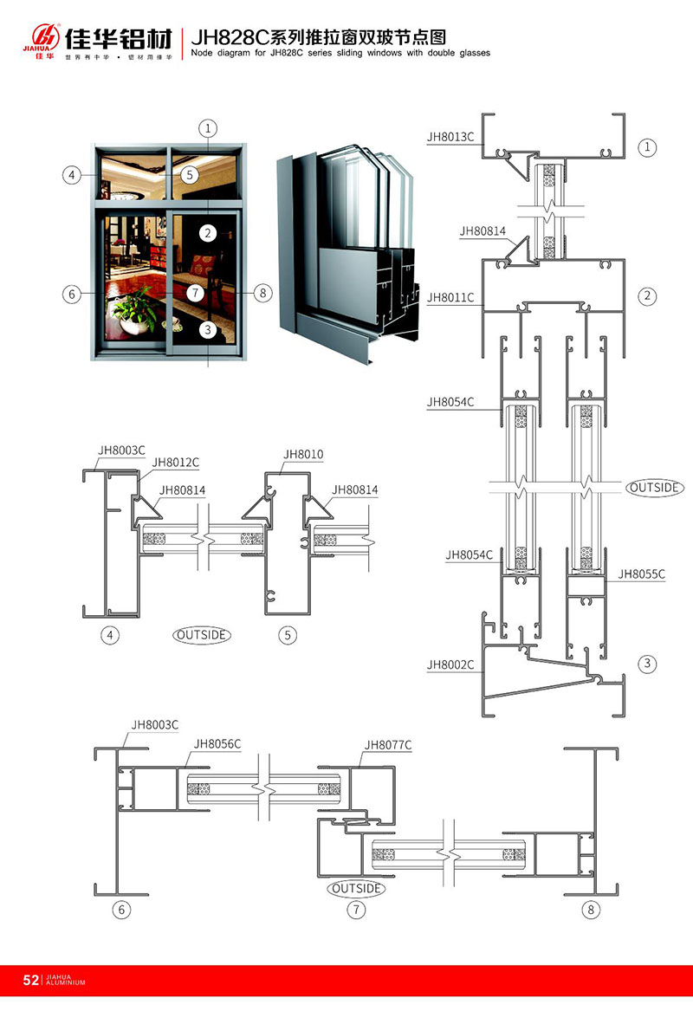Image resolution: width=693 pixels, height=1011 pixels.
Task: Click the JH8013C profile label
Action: pyautogui.click(x=450, y=136)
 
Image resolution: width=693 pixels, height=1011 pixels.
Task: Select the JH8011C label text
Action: pyautogui.click(x=450, y=297)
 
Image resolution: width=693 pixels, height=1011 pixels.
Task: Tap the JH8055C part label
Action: pyautogui.click(x=641, y=574)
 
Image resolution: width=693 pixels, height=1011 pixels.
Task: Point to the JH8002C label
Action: pyautogui.click(x=450, y=664)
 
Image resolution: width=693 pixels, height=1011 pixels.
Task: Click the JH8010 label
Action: pyautogui.click(x=302, y=453)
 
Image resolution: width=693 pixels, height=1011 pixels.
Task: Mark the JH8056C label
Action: pyautogui.click(x=217, y=743)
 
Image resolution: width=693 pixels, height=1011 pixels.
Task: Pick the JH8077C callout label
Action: pyautogui.click(x=388, y=744)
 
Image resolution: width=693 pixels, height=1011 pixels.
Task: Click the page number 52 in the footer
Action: pyautogui.click(x=30, y=981)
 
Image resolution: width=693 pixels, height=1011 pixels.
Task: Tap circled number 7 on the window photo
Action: pyautogui.click(x=196, y=293)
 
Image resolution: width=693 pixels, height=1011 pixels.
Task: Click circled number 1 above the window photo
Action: pyautogui.click(x=208, y=129)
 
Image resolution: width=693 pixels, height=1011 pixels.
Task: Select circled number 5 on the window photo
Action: pyautogui.click(x=190, y=174)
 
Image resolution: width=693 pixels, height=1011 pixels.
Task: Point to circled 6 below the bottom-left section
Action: pyautogui.click(x=120, y=910)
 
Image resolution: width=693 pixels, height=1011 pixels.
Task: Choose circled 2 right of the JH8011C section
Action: pyautogui.click(x=647, y=296)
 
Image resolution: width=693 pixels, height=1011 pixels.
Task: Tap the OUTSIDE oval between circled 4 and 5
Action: pyautogui.click(x=202, y=635)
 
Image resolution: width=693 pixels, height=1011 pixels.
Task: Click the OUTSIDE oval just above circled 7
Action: pyautogui.click(x=355, y=888)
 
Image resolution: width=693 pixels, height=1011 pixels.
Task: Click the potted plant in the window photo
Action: pyautogui.click(x=131, y=311)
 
